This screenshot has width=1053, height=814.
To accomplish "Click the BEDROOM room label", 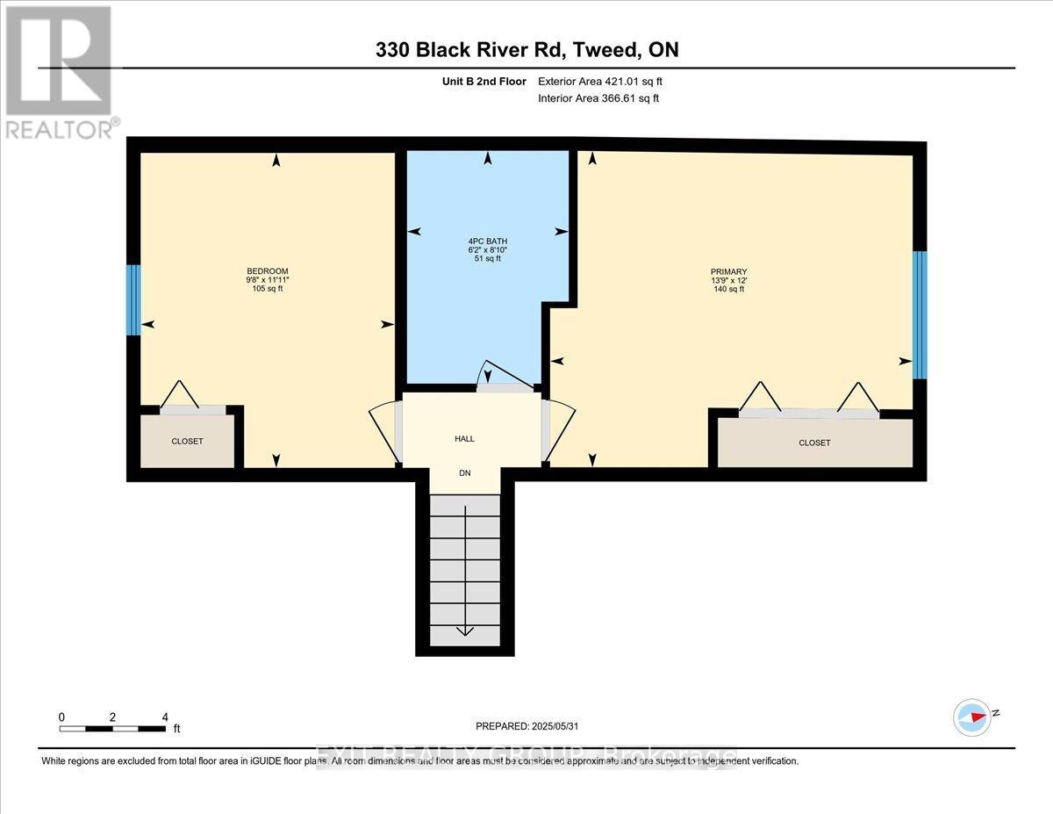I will coord(267,270).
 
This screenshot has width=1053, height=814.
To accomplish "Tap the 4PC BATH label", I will coord(487,241).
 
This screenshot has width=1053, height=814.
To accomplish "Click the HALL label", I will coord(464,438).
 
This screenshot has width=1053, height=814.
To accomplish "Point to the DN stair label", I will coord(465,472).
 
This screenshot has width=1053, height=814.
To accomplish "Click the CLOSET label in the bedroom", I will coord(187,441).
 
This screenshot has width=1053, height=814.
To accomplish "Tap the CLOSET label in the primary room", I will coord(814,443).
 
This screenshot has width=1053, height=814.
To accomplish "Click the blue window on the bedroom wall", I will coord(133,300).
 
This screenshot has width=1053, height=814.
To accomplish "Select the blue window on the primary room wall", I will coord(920,314).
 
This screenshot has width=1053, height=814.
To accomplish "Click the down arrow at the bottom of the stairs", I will coord(464,630).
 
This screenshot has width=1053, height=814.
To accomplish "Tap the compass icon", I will coord(971,717).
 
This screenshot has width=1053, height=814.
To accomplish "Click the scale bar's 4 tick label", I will coord(164,717).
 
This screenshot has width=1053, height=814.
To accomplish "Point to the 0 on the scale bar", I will coord(62,717).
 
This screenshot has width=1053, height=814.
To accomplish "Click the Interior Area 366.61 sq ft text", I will coord(598,98).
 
